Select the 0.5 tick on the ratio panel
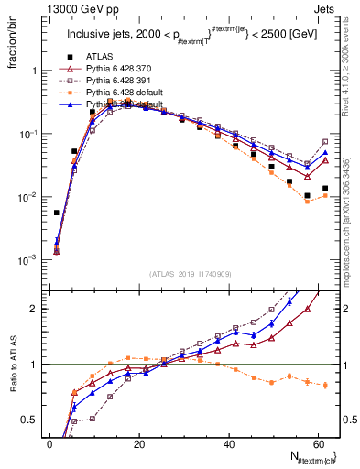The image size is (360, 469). pos(34,420)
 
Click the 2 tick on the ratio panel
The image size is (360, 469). pos(38,309)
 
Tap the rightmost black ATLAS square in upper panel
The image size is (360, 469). pos(325,188)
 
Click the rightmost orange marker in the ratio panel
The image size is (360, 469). pos(325,386)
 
